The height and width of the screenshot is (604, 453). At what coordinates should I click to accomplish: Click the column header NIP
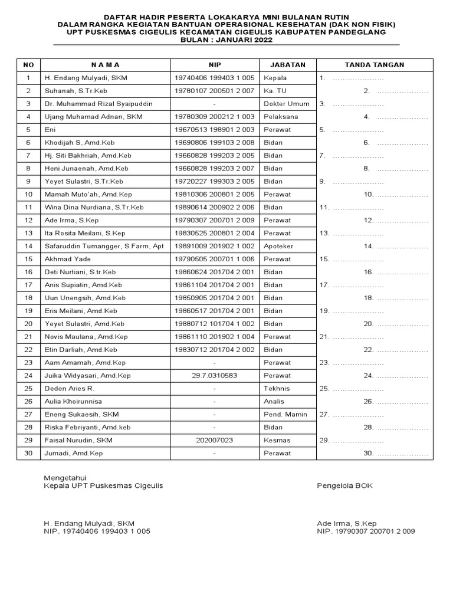tap(214, 65)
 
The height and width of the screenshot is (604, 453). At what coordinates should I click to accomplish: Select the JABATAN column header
tap(287, 65)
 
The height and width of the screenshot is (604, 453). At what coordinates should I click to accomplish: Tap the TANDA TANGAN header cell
tap(375, 65)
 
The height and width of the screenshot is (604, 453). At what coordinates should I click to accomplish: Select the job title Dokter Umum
tap(287, 104)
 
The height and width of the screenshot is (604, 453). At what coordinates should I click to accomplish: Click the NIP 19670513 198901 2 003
tap(214, 130)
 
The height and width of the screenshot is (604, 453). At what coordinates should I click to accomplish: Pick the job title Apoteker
tap(278, 246)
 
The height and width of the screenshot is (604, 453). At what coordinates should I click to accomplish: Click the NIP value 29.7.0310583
tap(214, 376)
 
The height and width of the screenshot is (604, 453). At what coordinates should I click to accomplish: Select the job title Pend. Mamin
tap(285, 415)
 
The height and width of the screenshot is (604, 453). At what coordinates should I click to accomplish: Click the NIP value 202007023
tap(214, 441)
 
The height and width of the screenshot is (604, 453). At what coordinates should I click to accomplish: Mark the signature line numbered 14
tap(401, 247)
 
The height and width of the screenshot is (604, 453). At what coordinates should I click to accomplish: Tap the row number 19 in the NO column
tap(28, 311)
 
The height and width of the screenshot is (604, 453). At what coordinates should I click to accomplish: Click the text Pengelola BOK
tap(344, 486)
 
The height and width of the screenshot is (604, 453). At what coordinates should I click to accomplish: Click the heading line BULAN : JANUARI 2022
tap(226, 40)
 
